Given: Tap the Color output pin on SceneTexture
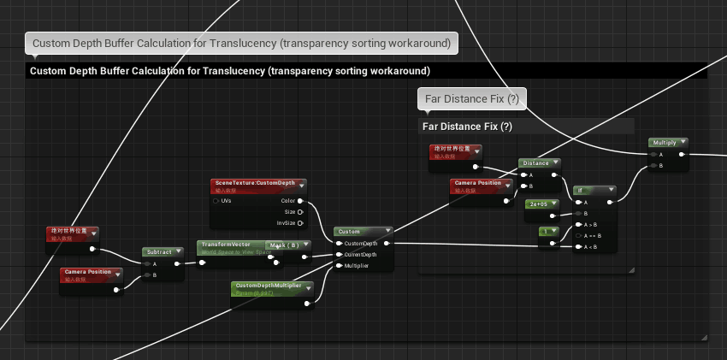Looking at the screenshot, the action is click(300, 201).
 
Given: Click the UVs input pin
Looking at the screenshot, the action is click(216, 201).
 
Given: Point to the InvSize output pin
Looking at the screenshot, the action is click(300, 223).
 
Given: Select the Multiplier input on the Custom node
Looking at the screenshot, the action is click(339, 266).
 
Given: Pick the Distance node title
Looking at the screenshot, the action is click(535, 162).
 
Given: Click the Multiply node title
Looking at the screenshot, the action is click(664, 142).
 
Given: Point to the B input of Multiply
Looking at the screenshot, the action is click(653, 166).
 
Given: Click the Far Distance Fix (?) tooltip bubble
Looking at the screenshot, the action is click(471, 99).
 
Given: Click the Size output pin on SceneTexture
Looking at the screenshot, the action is click(300, 212).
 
